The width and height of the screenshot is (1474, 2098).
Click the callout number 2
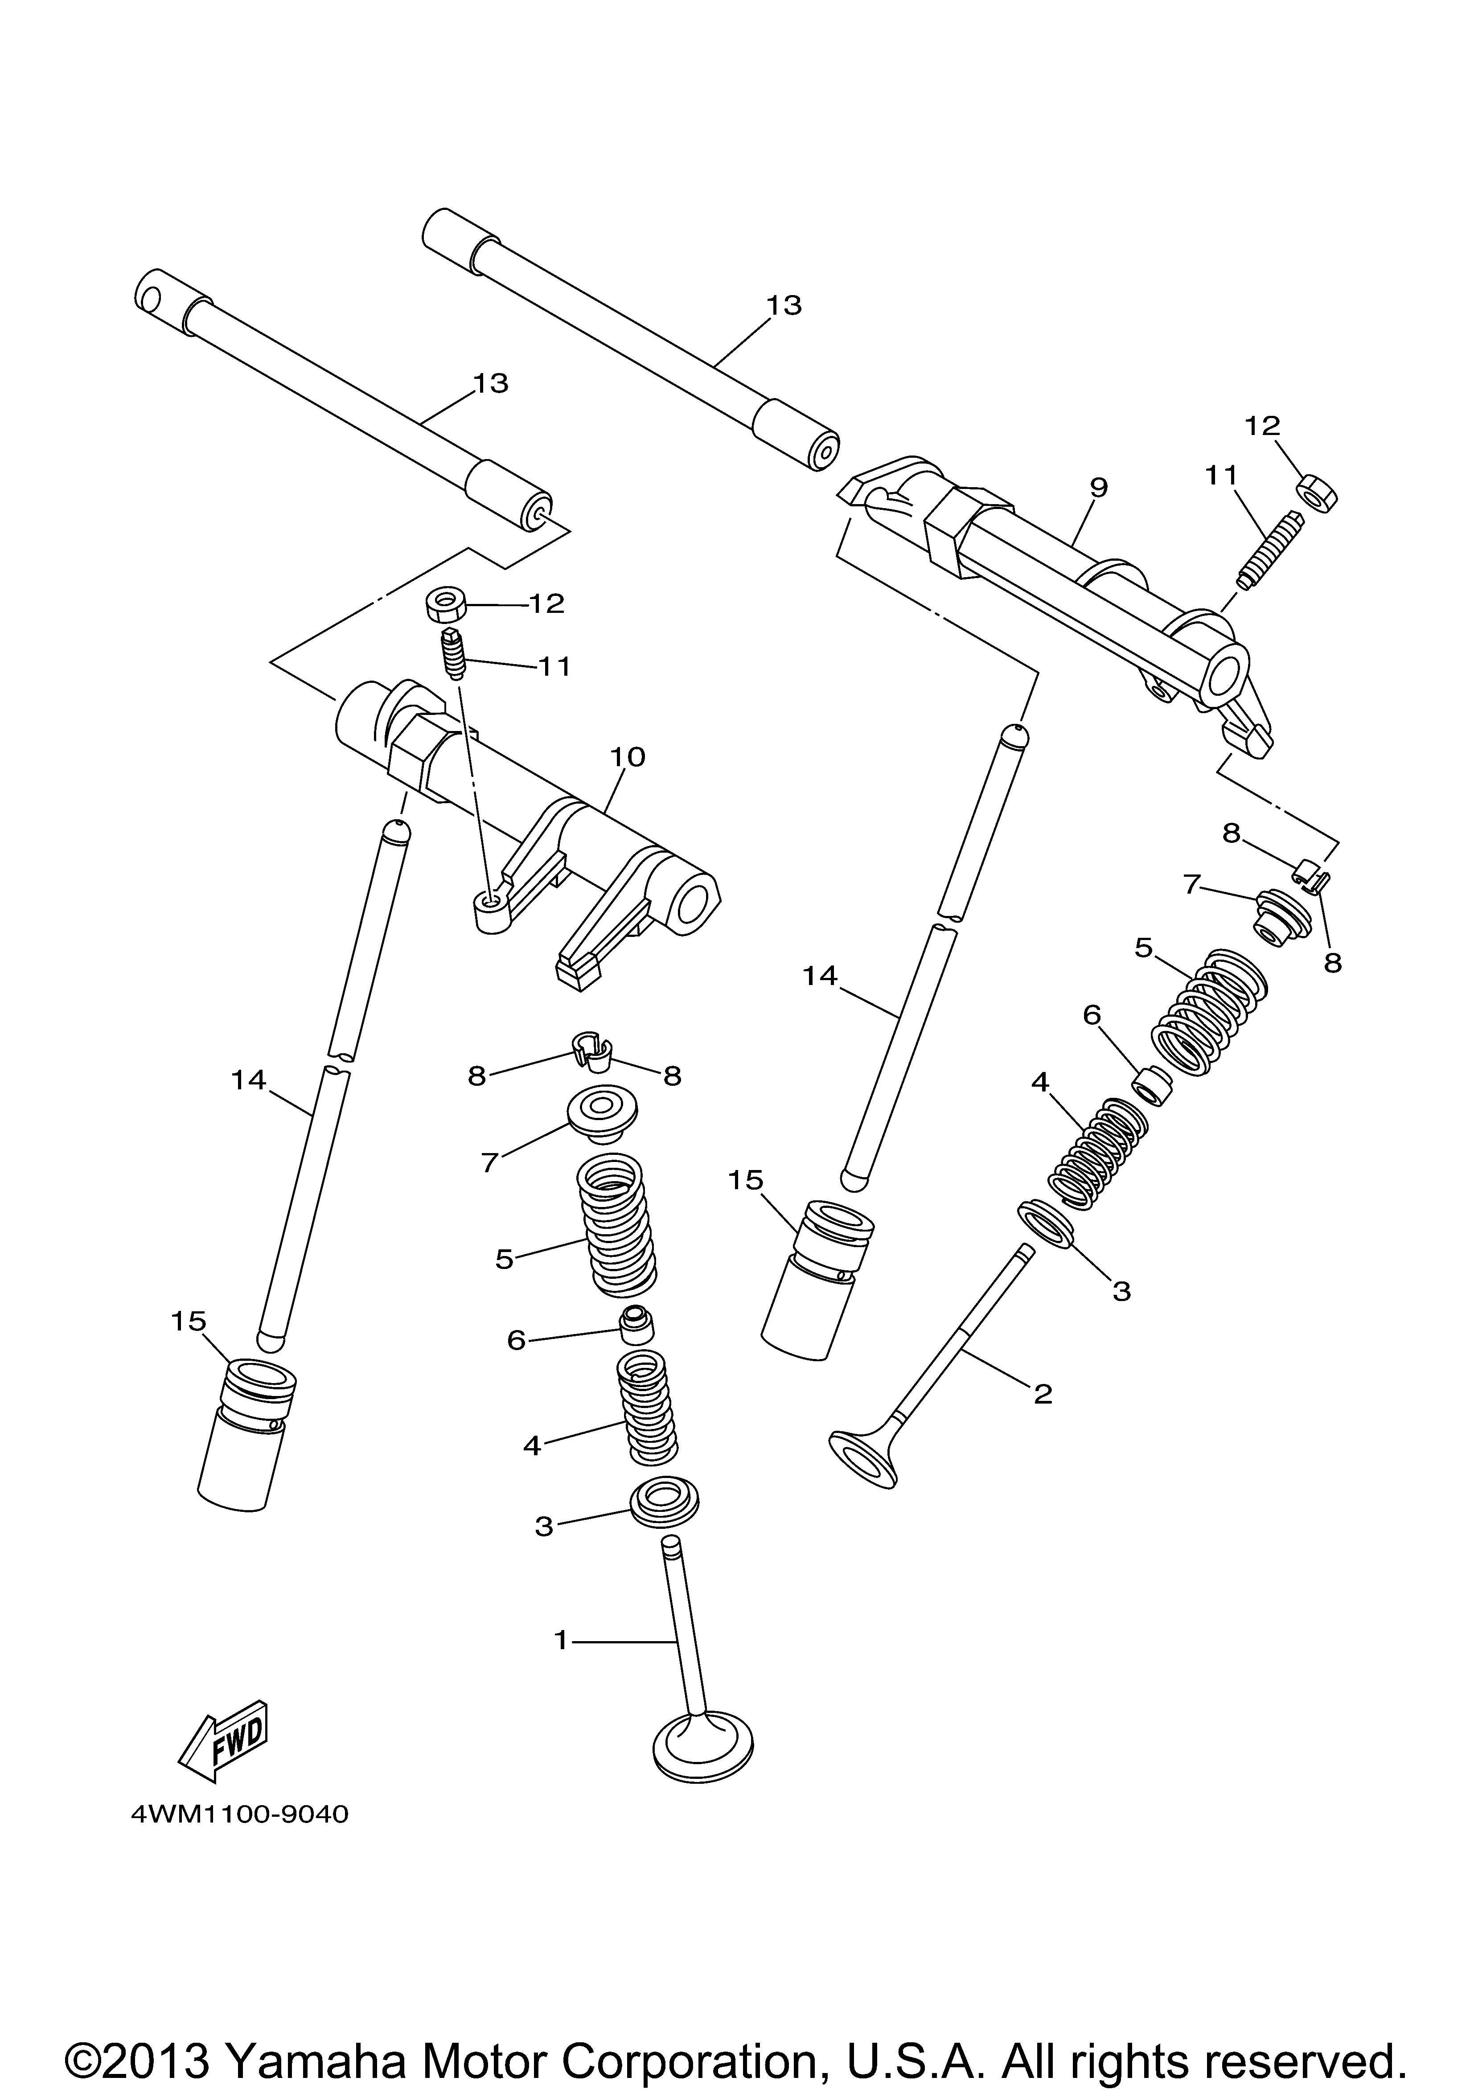[x=1043, y=1394]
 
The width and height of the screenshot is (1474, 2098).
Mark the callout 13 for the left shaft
[x=491, y=383]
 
